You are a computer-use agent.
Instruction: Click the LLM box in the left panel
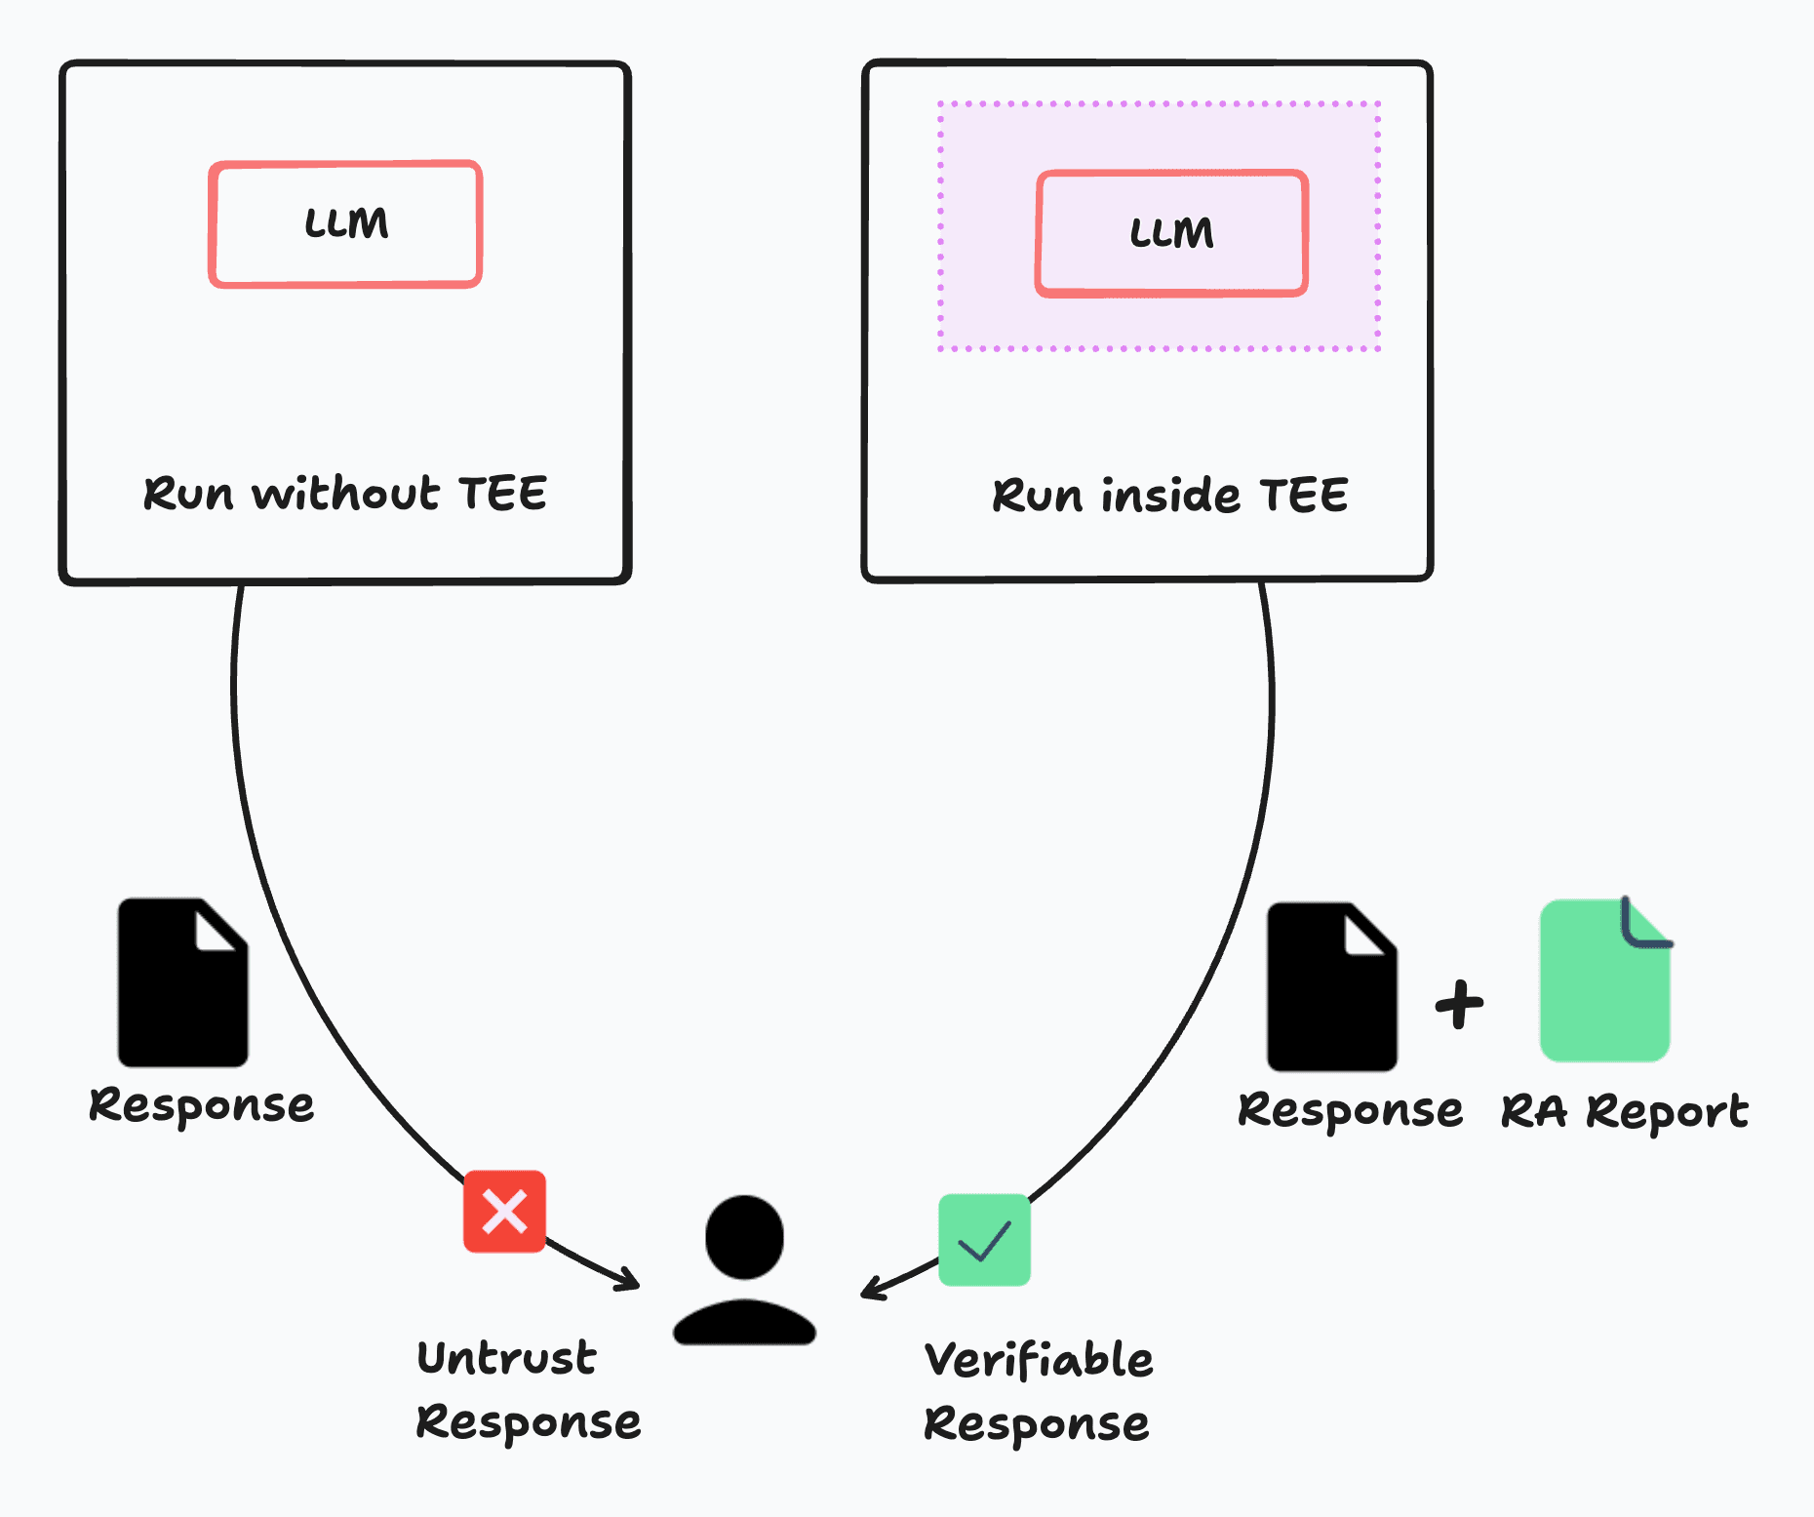(345, 224)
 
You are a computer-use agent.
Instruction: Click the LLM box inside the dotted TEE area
(1171, 234)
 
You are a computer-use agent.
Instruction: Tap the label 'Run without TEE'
(345, 494)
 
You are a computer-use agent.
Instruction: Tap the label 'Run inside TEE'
(1170, 496)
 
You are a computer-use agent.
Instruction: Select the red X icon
(504, 1212)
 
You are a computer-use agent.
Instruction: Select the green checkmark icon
(984, 1240)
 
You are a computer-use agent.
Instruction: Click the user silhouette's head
(744, 1236)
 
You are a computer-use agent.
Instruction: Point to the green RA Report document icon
(1605, 981)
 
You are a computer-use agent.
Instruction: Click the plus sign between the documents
(1459, 1004)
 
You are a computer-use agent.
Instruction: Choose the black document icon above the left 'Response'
(182, 982)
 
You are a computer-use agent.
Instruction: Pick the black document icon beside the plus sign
(1331, 986)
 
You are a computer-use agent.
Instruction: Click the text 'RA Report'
(1625, 1112)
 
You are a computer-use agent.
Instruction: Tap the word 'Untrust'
(506, 1358)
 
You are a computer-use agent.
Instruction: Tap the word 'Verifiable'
(1039, 1360)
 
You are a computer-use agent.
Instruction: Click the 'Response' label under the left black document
(202, 1106)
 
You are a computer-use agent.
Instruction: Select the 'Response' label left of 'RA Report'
(1351, 1111)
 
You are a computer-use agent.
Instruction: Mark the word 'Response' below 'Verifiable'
(1037, 1424)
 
